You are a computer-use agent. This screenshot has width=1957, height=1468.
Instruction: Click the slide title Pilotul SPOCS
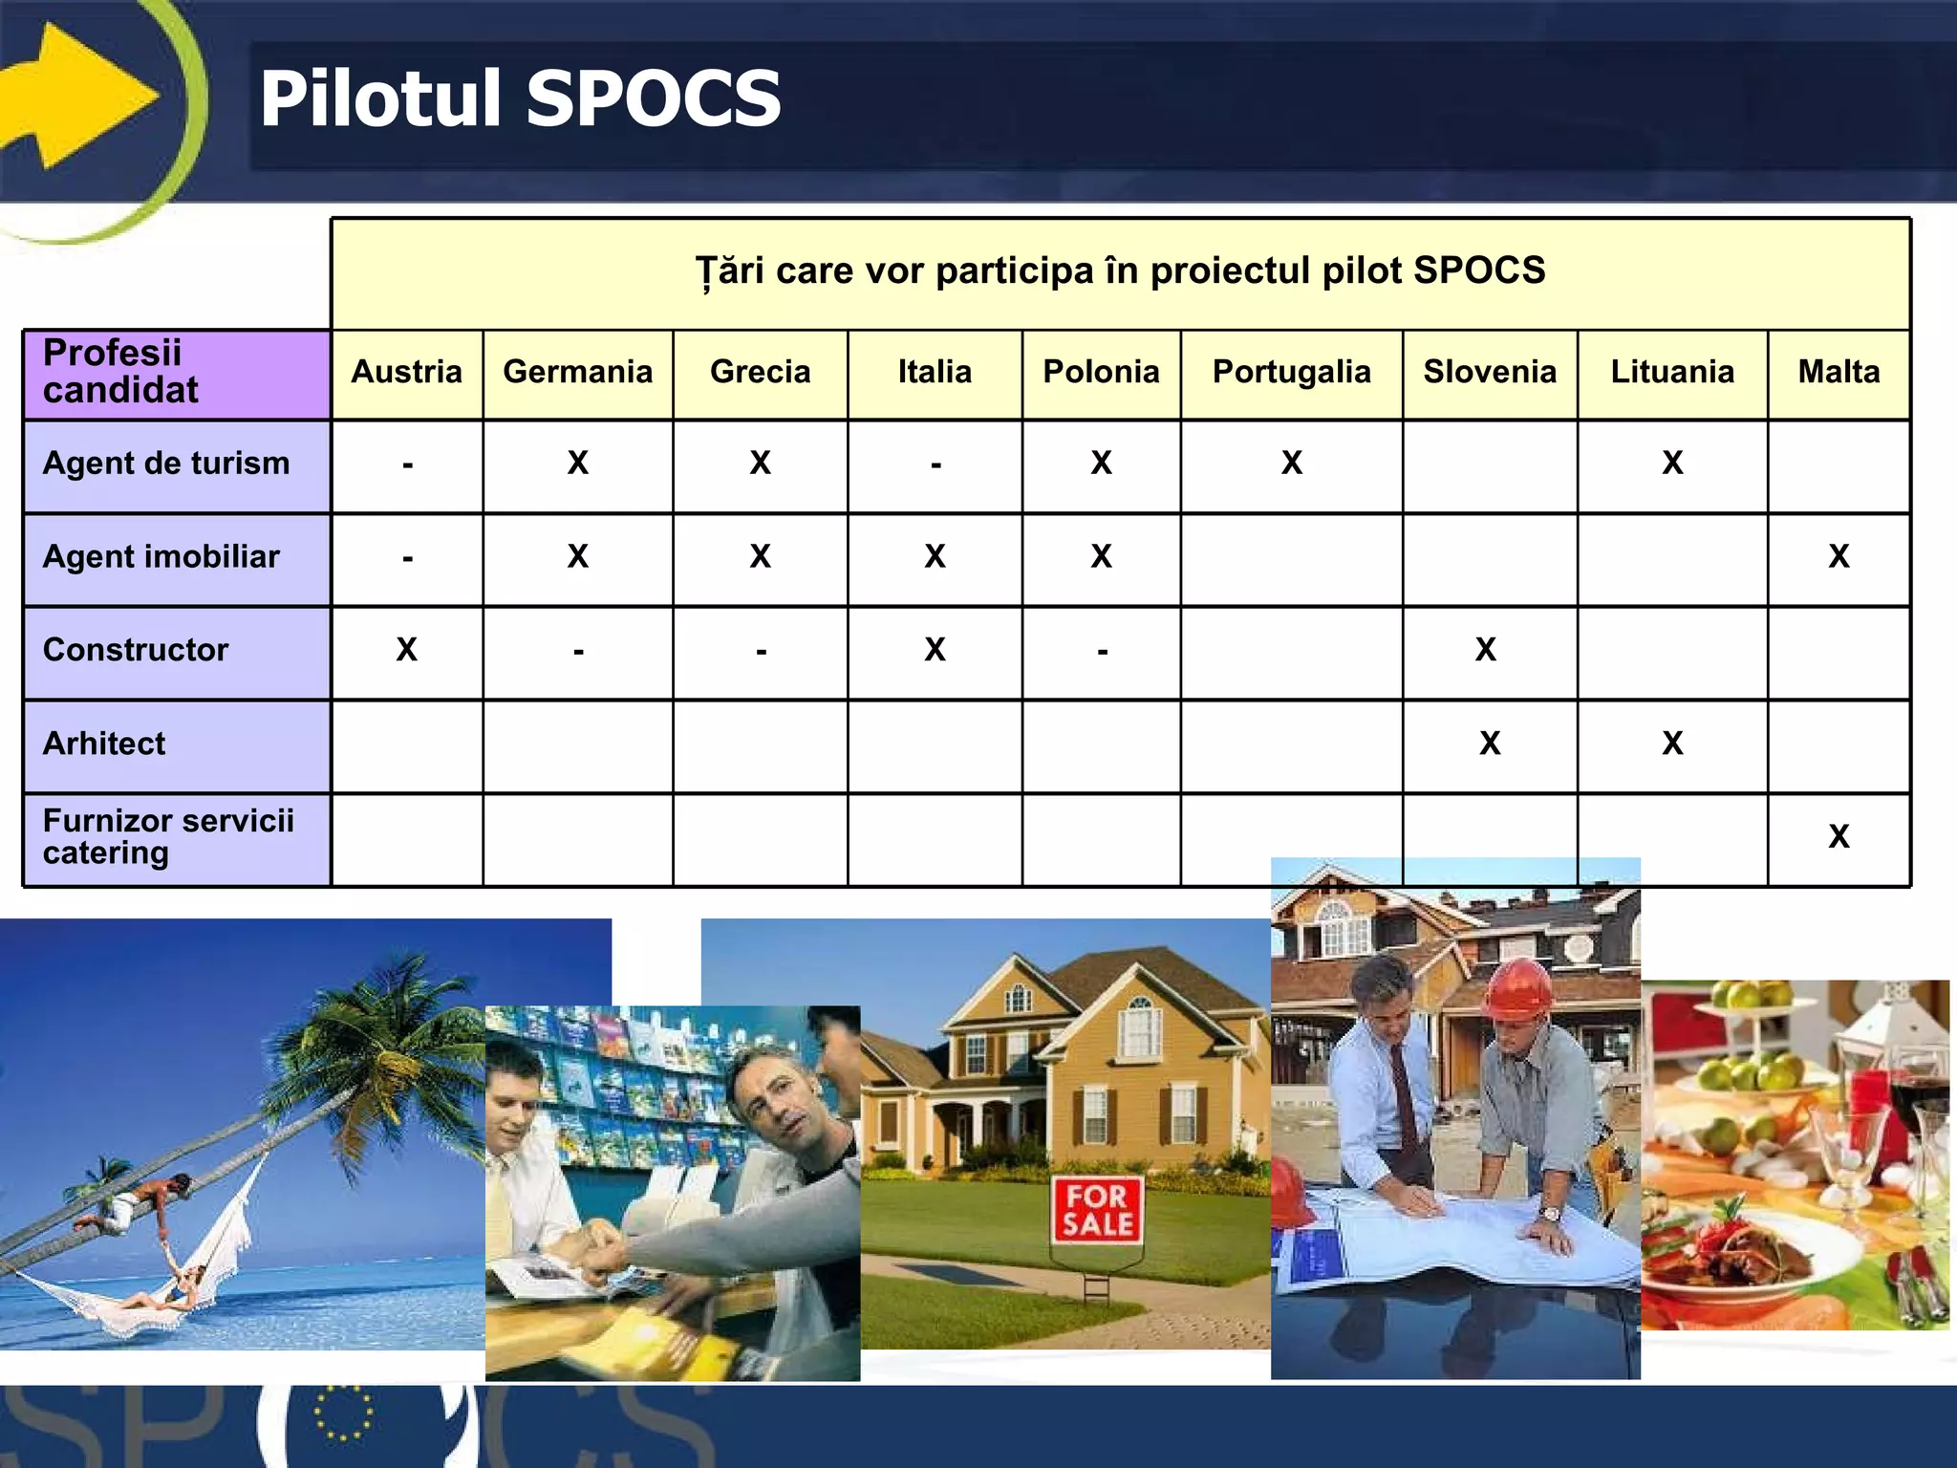coord(520,99)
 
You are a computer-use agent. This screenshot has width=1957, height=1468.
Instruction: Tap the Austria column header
coord(406,372)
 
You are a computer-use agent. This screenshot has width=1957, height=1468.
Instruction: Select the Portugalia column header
coord(1291,372)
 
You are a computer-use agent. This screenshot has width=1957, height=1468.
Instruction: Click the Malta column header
coord(1839,372)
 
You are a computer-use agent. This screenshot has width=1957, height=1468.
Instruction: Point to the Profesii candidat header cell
coord(121,372)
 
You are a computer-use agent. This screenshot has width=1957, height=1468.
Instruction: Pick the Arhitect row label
coord(104,744)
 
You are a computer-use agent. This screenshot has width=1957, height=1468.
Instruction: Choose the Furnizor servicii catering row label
coord(168,836)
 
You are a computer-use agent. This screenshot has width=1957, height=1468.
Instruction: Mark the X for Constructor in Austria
coord(406,650)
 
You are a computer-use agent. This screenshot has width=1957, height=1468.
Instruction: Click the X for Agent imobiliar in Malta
coord(1839,556)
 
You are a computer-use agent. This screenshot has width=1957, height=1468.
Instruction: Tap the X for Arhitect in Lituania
coord(1671,744)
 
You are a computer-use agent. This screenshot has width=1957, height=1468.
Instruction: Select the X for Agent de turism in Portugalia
coord(1291,464)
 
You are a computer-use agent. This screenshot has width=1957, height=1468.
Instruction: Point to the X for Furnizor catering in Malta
coord(1839,837)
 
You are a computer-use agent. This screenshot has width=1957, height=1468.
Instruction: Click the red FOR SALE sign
coord(1097,1210)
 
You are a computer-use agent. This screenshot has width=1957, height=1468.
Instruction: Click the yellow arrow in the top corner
coord(76,96)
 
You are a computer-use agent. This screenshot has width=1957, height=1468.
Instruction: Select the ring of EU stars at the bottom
coord(342,1413)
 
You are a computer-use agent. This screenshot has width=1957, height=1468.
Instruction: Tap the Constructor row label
coord(136,650)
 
